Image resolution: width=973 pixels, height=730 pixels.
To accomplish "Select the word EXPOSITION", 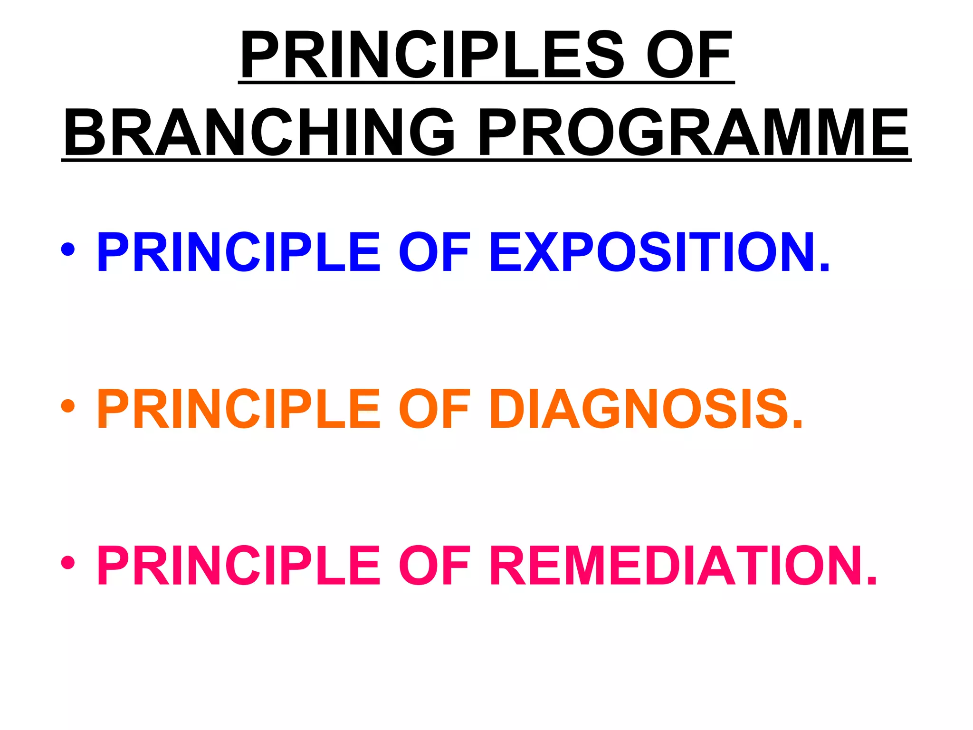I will tap(653, 252).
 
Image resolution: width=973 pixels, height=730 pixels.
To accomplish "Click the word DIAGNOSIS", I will tap(639, 409).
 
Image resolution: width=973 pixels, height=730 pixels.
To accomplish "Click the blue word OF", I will tap(434, 252).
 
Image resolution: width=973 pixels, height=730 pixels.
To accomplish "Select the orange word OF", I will tap(434, 409).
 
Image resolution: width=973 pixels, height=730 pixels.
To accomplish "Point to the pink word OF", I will tap(434, 566).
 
